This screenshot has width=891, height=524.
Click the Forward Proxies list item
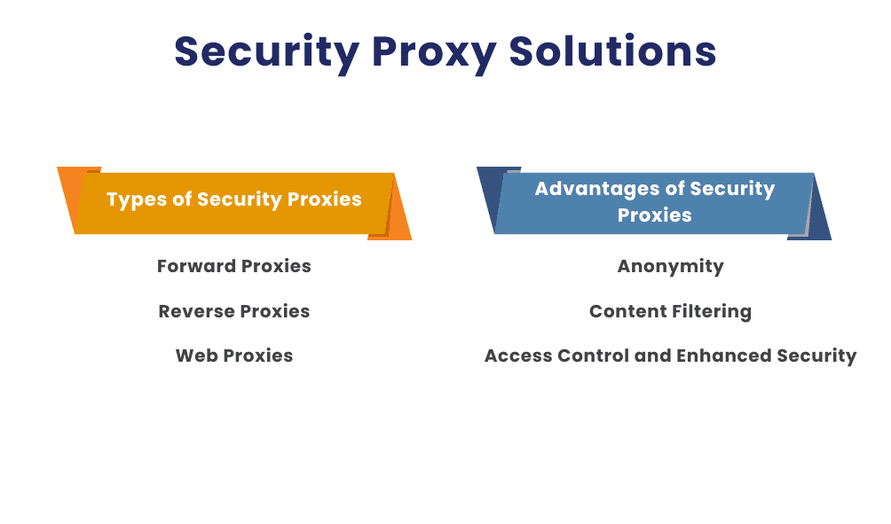tap(234, 266)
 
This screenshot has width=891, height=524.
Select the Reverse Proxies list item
tap(234, 311)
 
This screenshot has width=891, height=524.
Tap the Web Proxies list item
tap(234, 356)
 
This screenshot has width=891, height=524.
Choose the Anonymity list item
tap(671, 266)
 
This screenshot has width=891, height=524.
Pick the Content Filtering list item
tap(670, 311)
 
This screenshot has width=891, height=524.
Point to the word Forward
tap(195, 266)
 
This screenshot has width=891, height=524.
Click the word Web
tap(196, 356)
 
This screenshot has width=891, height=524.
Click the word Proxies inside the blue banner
tap(655, 215)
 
